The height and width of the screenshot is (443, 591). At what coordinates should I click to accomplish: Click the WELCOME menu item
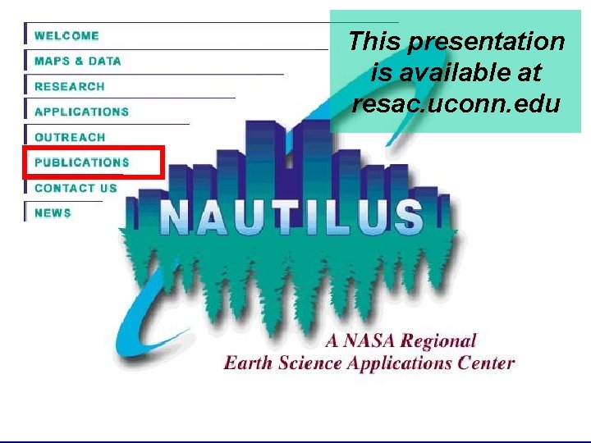pos(66,36)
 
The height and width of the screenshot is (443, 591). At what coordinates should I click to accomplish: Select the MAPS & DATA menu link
pos(77,62)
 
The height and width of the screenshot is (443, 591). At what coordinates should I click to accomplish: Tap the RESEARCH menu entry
pos(70,87)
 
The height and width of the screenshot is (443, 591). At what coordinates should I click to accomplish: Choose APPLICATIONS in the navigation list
pos(81,112)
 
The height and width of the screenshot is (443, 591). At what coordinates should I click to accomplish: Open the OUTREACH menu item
pos(70,138)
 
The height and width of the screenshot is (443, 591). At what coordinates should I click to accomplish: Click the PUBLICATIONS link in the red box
pos(82,162)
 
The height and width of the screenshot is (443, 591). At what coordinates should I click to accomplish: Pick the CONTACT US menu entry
pos(76,188)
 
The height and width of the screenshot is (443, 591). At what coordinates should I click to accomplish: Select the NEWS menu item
pos(53,213)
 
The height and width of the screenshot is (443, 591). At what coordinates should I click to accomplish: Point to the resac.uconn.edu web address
pos(455,105)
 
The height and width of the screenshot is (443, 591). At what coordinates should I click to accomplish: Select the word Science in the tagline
pos(305,363)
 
